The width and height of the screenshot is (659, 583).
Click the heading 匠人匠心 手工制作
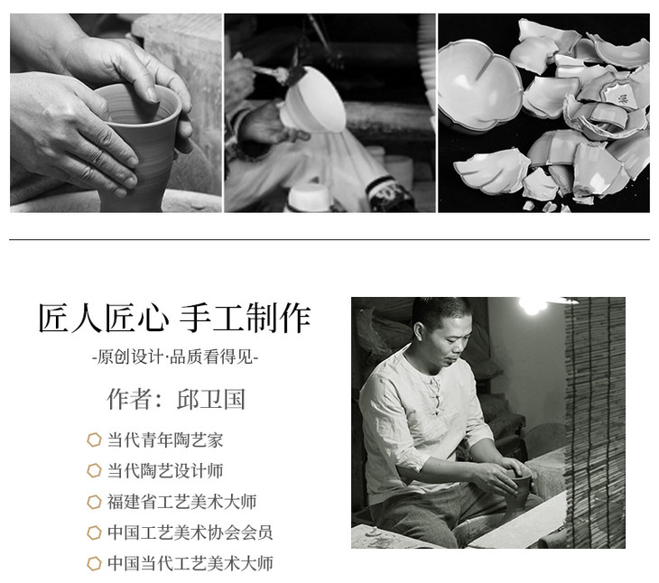click(x=174, y=318)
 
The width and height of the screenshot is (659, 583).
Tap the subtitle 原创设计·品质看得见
click(x=175, y=357)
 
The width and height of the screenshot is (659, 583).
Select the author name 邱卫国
click(x=211, y=399)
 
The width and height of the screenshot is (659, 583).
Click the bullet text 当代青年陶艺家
click(x=165, y=440)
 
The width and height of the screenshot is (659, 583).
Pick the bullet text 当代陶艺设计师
click(x=165, y=471)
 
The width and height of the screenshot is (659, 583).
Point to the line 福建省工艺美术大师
click(x=181, y=502)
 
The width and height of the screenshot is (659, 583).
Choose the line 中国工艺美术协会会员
click(x=190, y=532)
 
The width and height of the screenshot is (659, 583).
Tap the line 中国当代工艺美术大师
click(x=190, y=563)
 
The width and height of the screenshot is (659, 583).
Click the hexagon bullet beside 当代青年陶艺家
click(x=94, y=440)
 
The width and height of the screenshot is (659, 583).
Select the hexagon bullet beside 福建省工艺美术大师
click(x=94, y=502)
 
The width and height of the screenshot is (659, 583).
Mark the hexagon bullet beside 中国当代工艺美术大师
click(x=94, y=563)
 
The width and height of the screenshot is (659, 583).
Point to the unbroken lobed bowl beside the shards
click(x=479, y=86)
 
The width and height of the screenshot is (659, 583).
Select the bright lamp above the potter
click(x=532, y=304)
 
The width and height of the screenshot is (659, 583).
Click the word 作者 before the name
click(x=129, y=399)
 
